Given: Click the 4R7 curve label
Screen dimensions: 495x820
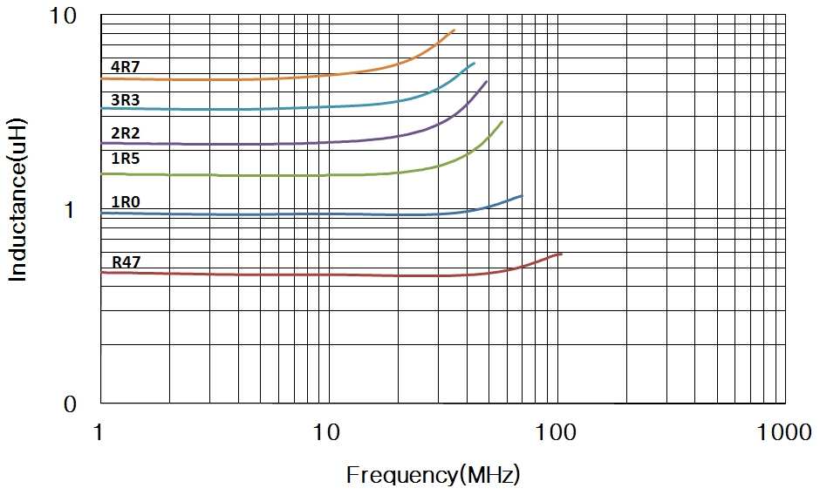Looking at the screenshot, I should tap(125, 67).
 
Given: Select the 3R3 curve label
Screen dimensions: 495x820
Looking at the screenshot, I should tap(125, 100).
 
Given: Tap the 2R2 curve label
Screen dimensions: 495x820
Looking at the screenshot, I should tap(125, 133).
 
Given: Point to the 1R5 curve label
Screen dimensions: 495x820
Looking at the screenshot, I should tap(125, 159).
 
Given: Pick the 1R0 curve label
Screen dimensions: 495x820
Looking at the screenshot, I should tap(125, 202).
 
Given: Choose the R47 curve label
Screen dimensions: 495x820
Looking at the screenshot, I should tap(125, 261).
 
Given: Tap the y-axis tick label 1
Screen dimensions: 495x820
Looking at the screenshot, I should tap(70, 211).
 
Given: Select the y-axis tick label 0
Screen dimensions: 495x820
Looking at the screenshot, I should tap(70, 404).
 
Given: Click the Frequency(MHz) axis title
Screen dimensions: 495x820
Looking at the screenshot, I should tap(433, 475).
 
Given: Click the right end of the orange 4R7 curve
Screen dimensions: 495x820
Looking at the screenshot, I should tap(454, 31).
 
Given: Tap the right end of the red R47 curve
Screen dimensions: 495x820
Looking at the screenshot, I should tap(561, 254).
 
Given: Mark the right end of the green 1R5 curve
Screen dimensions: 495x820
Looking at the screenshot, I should tap(502, 121).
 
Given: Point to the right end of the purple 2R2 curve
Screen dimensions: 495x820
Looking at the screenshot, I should tap(487, 81).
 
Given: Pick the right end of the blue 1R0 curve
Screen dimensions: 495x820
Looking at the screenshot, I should tap(522, 196).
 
